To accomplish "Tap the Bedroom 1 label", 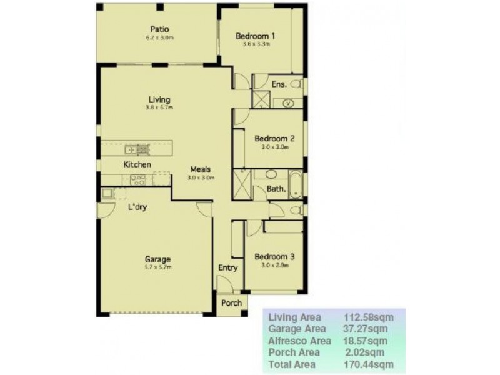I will [x=256, y=36].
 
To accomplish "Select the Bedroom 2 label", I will [x=274, y=138].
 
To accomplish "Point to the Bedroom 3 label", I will [x=274, y=256].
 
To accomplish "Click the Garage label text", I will [x=157, y=259].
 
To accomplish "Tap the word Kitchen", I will [x=137, y=164].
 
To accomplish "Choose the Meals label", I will [x=201, y=169].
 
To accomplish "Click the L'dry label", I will [x=137, y=207].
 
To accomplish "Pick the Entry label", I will [x=227, y=268].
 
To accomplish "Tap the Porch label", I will [x=231, y=303].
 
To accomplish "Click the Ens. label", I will [x=279, y=84].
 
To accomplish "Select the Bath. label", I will [x=276, y=187].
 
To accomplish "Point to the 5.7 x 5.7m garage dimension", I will [x=157, y=267].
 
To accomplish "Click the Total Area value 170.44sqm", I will [x=370, y=364].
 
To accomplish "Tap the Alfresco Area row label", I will [x=299, y=341].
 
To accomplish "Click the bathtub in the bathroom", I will [x=296, y=184].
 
